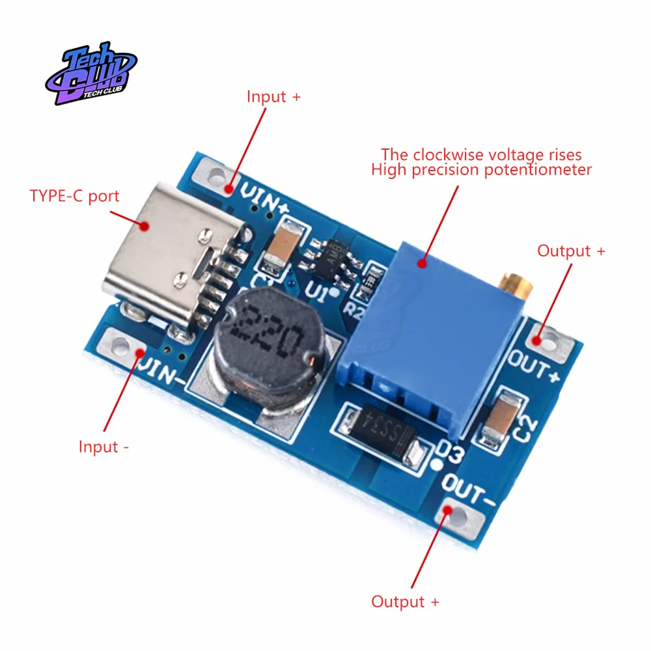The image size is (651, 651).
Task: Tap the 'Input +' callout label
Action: [273, 97]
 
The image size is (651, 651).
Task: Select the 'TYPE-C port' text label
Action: [75, 196]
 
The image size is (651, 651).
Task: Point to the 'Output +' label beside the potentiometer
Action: [571, 251]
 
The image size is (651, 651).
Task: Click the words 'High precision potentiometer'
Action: [481, 171]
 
